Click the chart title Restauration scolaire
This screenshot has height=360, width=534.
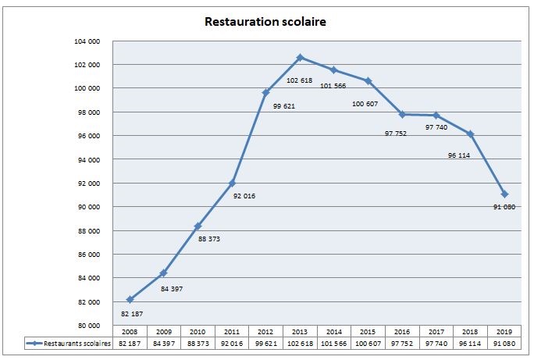pos(265,22)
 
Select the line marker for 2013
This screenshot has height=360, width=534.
pos(300,58)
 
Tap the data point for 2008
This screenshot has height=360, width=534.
pos(130,299)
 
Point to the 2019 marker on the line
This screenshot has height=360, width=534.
pos(505,194)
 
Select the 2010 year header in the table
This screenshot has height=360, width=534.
pos(198,332)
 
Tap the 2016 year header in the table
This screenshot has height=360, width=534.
pos(402,332)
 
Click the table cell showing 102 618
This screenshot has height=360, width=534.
pos(300,343)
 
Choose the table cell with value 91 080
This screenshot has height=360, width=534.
pos(504,343)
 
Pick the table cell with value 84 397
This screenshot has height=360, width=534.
pos(164,343)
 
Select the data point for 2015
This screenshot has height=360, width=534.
pos(368,81)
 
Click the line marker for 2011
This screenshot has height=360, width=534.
pos(232,183)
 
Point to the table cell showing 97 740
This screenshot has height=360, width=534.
pos(436,343)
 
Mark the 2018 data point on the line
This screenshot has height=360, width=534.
pos(470,134)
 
